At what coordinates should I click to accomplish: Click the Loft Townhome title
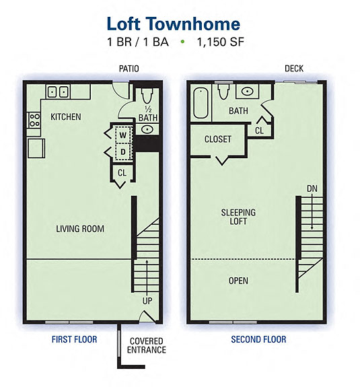[x=173, y=24]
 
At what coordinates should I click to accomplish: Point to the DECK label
[x=294, y=69]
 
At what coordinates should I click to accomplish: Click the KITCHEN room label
[x=66, y=117]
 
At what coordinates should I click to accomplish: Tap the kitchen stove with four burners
[x=33, y=120]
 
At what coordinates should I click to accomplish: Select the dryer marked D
[x=122, y=152]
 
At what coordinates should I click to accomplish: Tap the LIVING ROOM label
[x=79, y=229]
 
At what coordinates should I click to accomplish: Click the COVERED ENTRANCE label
[x=147, y=345]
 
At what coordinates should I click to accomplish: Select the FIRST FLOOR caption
[x=74, y=340]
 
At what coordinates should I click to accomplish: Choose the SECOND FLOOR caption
[x=258, y=340]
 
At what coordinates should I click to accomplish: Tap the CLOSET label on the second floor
[x=218, y=139]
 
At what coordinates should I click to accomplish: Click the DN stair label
[x=312, y=188]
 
